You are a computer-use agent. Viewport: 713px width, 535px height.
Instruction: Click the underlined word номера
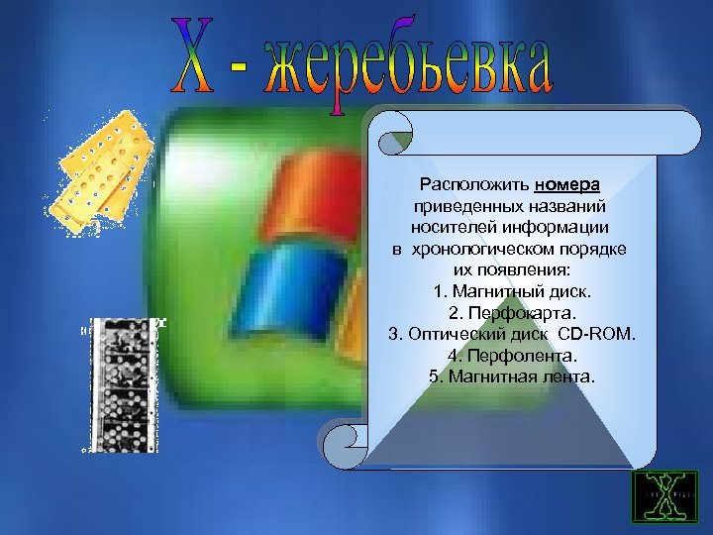click(572, 184)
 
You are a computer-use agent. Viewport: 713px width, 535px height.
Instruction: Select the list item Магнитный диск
click(512, 292)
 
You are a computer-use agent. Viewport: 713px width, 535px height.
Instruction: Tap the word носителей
click(453, 227)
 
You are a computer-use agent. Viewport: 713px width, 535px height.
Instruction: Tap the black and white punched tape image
click(122, 385)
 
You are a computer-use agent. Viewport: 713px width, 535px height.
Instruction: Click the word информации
click(556, 227)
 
